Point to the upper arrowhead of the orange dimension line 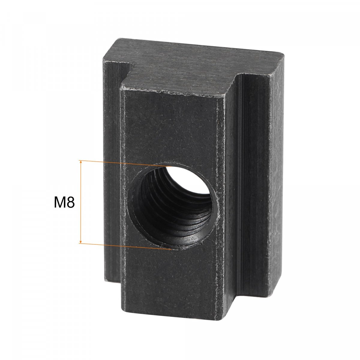tap(81, 162)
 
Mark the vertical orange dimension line tap(81, 202)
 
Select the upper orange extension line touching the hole tap(125, 163)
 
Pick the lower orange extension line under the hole tap(125, 246)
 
